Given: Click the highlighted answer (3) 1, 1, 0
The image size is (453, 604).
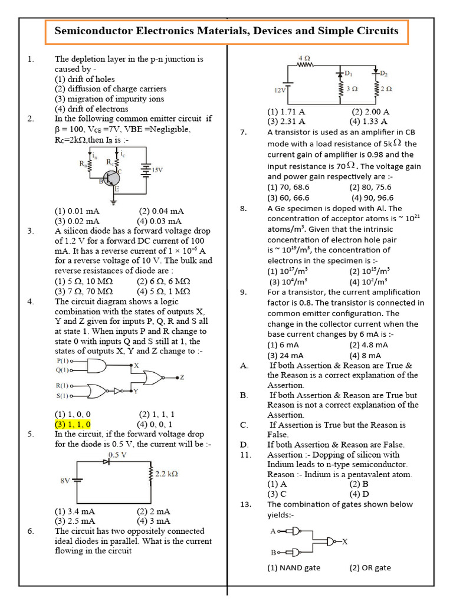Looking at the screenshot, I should click(73, 424).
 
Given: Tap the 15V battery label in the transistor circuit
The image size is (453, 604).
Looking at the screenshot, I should click(157, 170).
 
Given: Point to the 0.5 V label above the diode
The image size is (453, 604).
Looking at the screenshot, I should click(119, 455).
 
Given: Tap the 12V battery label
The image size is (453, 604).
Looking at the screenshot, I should click(279, 90).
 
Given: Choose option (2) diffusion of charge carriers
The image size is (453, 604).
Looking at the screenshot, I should click(111, 89).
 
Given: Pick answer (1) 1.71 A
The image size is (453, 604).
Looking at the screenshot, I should click(287, 111).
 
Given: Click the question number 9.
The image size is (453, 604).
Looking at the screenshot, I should click(243, 293).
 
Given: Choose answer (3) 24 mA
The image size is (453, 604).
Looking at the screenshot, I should click(285, 355).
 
